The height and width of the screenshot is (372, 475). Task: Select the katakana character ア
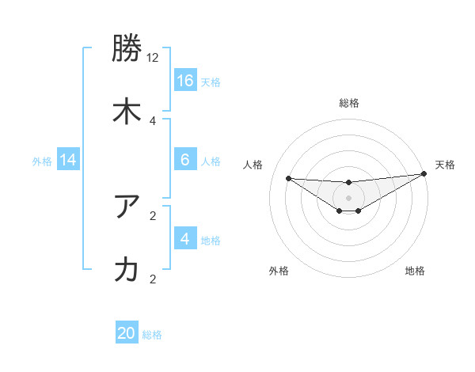[127, 208]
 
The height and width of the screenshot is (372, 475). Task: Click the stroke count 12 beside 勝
[153, 58]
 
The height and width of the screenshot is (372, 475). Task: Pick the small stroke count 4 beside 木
[153, 120]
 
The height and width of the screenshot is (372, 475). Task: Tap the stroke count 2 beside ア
[153, 215]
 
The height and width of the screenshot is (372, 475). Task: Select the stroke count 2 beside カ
[153, 279]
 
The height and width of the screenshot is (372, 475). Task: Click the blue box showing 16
[185, 81]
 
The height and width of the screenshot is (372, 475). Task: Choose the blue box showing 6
[185, 160]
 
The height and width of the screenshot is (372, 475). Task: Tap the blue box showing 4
[185, 239]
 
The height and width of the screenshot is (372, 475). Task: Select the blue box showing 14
[68, 160]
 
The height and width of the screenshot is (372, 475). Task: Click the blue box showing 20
[127, 333]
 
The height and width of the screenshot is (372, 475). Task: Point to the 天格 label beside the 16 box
[211, 82]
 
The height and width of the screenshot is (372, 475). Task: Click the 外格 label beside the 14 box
[42, 161]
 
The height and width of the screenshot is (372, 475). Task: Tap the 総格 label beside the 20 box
[152, 335]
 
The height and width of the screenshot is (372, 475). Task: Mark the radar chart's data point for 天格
[424, 174]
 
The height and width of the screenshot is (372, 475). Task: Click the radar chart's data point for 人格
[288, 178]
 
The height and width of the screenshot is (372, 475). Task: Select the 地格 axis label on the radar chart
[415, 271]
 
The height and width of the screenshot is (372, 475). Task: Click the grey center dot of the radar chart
[348, 197]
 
